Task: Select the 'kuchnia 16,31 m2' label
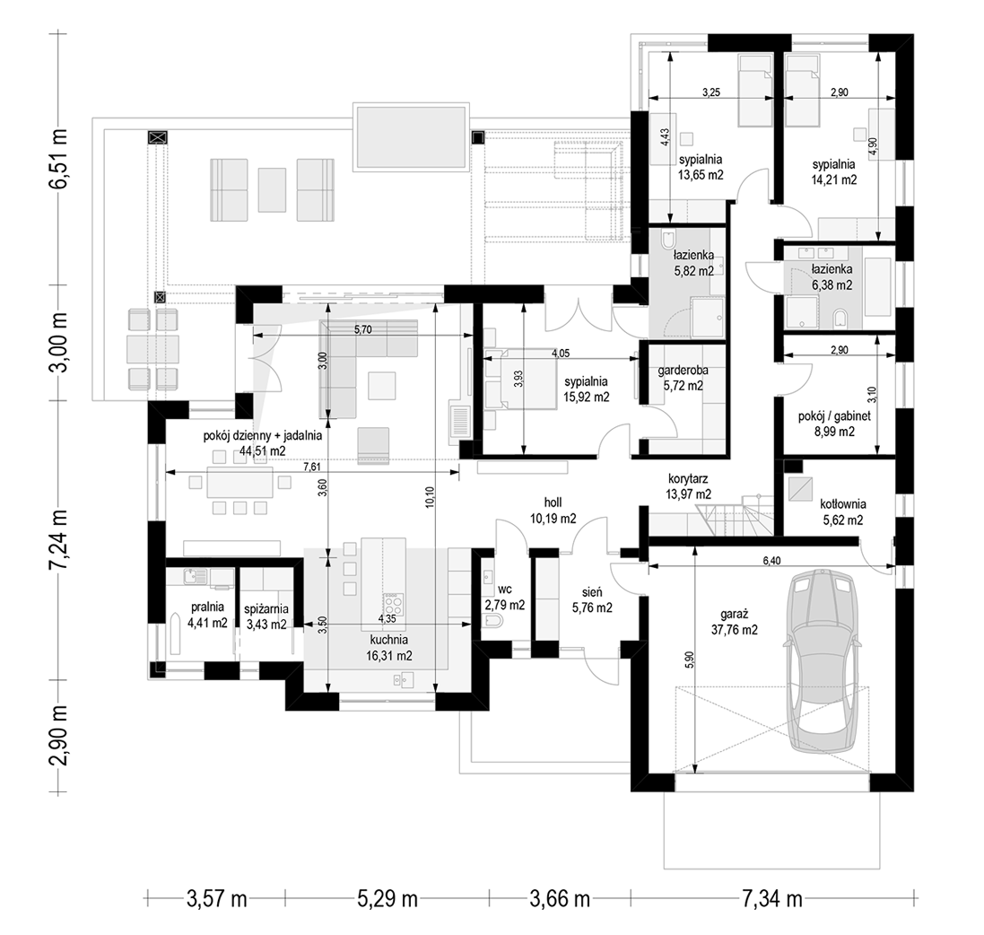(x=389, y=648)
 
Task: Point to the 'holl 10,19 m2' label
(x=553, y=511)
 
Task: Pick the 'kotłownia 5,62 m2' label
(x=843, y=511)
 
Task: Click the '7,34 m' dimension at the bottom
(x=772, y=899)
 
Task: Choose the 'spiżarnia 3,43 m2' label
(x=266, y=616)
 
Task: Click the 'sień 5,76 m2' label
(x=592, y=599)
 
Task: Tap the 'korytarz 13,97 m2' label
(x=688, y=486)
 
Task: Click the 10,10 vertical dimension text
(x=430, y=497)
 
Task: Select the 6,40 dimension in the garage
(x=771, y=561)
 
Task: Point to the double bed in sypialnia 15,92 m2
(x=519, y=380)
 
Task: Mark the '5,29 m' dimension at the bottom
(x=388, y=899)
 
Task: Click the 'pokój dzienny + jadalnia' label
(x=262, y=435)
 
